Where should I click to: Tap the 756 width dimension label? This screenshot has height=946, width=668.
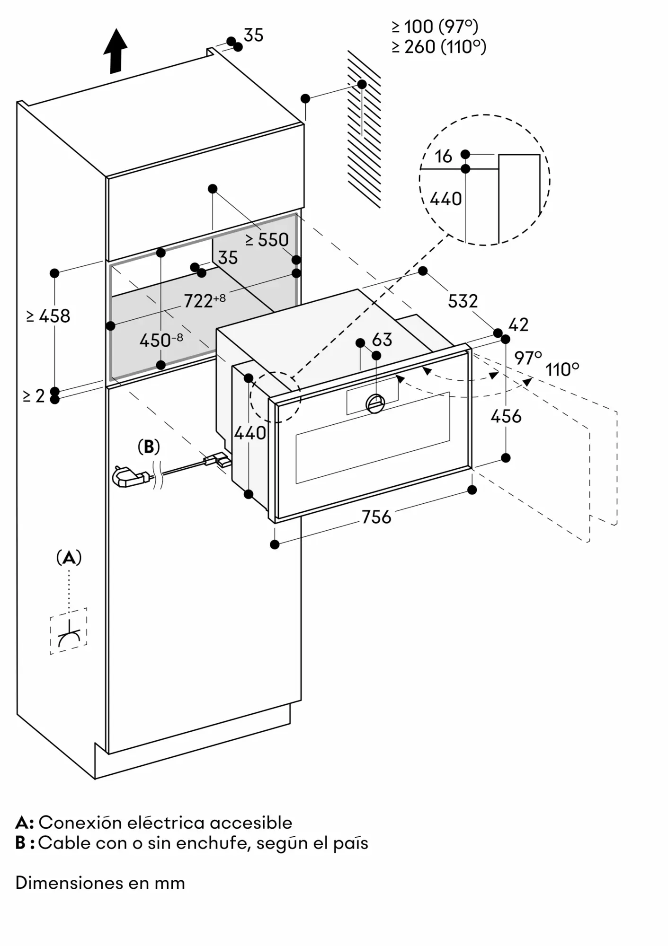tap(376, 517)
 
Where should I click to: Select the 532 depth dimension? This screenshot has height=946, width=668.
tap(463, 301)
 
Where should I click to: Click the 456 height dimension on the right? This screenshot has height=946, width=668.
tap(506, 416)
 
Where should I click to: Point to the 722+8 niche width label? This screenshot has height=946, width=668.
tap(205, 300)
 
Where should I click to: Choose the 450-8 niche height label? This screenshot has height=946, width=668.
tap(161, 340)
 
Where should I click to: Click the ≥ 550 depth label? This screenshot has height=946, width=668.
tap(267, 240)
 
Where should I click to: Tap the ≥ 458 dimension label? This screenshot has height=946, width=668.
tap(48, 316)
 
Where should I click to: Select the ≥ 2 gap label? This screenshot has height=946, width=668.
tap(34, 396)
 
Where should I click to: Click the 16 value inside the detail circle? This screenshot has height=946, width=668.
tap(444, 156)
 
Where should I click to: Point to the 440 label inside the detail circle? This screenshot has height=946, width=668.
tap(445, 199)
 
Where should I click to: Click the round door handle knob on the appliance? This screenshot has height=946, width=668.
tap(376, 403)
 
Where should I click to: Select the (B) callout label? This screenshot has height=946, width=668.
tap(149, 447)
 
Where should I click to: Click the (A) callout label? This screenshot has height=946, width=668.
tap(69, 558)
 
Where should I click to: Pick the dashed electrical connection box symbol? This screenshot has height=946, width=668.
tap(69, 631)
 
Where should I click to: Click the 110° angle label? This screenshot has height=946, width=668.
tap(562, 369)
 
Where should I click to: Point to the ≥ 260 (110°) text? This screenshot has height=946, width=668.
tap(439, 47)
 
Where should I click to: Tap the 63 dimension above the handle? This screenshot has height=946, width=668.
tap(382, 340)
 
